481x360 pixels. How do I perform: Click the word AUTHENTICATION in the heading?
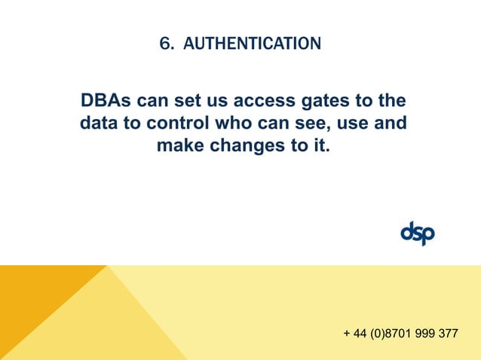click(252, 44)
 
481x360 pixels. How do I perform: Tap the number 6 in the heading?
click(164, 44)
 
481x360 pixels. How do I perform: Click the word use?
click(345, 123)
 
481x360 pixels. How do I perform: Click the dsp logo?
click(417, 234)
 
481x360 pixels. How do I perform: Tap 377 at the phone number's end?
click(448, 334)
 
